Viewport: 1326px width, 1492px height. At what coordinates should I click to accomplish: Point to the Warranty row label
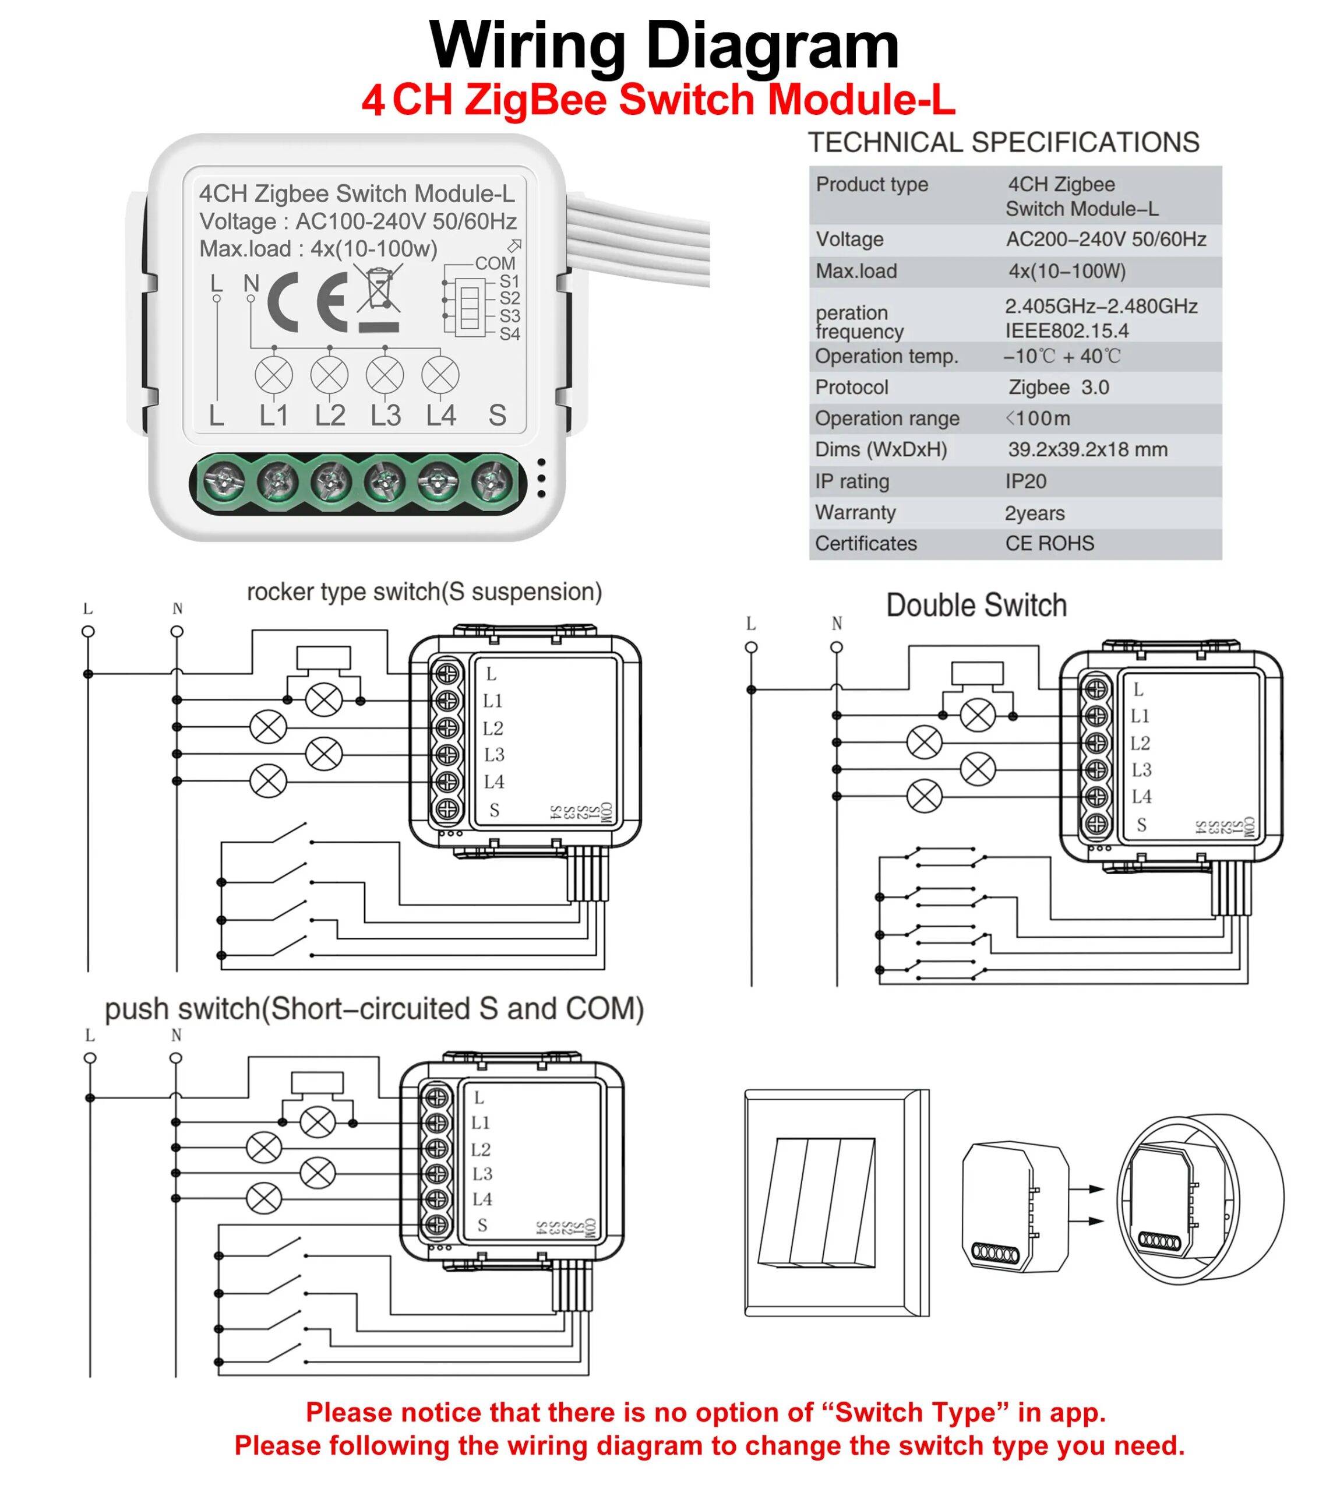855,512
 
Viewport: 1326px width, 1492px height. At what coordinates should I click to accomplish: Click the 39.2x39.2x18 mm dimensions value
1087,450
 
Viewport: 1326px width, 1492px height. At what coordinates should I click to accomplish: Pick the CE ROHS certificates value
1049,544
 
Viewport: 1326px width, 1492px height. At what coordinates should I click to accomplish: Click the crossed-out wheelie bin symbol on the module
379,290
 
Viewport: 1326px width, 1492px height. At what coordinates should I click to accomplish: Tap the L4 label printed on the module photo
441,416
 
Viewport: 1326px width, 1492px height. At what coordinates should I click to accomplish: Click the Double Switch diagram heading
976,606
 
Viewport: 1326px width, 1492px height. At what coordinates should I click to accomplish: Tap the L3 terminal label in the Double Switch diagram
1141,770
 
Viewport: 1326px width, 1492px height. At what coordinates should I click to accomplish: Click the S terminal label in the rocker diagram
494,810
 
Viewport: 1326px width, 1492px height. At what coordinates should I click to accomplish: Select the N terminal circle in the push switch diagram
175,1058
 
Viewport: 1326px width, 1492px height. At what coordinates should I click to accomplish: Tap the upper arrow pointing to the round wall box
1087,1189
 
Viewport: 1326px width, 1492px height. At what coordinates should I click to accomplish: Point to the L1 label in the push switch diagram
480,1122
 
